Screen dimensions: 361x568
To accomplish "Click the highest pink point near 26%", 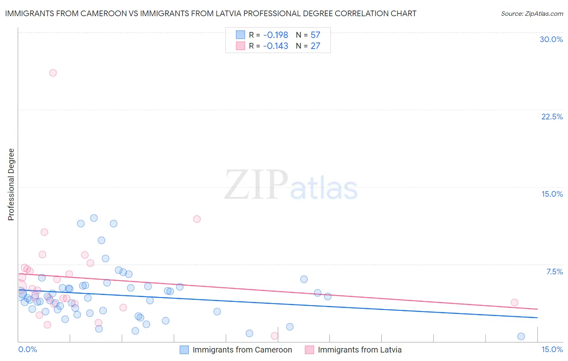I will click(x=53, y=73).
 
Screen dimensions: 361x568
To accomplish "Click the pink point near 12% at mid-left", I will click(x=197, y=219).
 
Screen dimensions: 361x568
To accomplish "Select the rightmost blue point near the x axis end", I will click(x=521, y=336).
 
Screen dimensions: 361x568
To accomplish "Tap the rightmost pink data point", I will click(x=514, y=302).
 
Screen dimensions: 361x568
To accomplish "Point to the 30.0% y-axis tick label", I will click(x=551, y=39).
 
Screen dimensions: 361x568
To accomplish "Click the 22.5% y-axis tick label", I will click(x=552, y=117).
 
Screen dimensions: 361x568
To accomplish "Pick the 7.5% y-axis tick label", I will click(x=554, y=272).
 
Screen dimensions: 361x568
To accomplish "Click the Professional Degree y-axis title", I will click(x=11, y=185).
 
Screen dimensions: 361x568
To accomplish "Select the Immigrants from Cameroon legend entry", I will click(x=242, y=350).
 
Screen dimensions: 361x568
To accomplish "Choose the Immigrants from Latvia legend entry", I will click(x=360, y=350).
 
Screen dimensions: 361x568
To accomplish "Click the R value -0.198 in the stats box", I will click(x=276, y=35).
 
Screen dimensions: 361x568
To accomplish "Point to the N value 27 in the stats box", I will click(x=316, y=46).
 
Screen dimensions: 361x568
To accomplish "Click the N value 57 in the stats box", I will click(x=316, y=35).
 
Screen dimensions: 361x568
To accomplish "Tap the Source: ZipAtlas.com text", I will click(x=532, y=14).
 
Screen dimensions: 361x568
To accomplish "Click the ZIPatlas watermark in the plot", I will click(x=291, y=185).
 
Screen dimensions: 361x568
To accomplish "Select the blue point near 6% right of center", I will click(x=304, y=279).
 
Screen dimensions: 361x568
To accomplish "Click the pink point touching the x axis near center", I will click(x=275, y=336).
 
